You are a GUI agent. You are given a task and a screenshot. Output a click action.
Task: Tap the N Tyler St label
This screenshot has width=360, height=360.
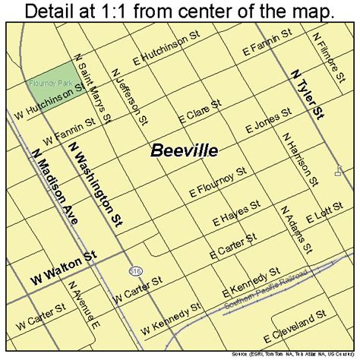(x=305, y=94)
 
